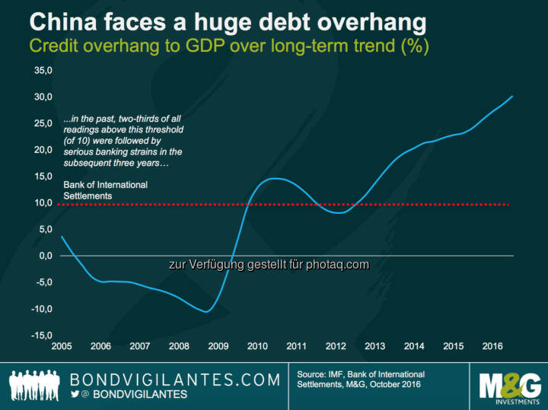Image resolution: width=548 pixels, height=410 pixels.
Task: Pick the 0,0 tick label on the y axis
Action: click(x=44, y=256)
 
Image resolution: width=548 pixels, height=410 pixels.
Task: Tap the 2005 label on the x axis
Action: click(x=62, y=347)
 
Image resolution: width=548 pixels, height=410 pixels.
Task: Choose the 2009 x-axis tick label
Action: click(x=218, y=347)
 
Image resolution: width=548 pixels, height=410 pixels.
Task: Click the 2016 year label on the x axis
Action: click(x=493, y=347)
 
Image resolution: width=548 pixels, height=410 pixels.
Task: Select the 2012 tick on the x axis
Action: click(x=336, y=347)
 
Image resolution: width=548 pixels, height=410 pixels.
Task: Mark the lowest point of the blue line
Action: click(x=206, y=312)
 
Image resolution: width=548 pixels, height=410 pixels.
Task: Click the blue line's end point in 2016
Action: click(x=512, y=96)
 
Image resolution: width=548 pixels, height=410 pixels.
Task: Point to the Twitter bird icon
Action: click(x=75, y=396)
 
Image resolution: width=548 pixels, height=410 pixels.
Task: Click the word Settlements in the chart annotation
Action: click(x=88, y=195)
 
